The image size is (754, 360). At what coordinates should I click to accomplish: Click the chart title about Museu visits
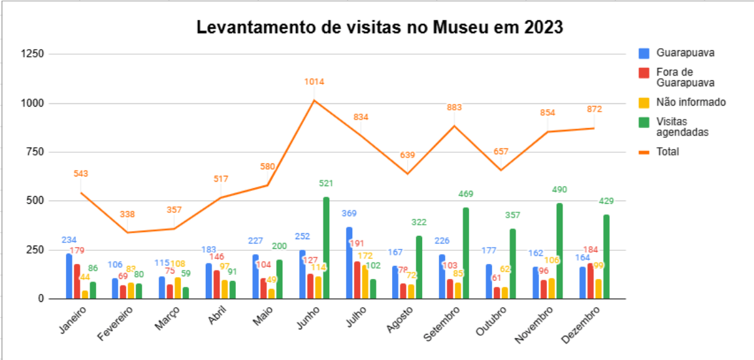click(x=380, y=28)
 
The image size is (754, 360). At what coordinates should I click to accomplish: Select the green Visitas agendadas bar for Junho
click(x=326, y=248)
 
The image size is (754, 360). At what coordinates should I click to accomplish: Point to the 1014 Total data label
click(x=314, y=82)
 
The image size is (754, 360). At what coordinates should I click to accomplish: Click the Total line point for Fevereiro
click(x=128, y=233)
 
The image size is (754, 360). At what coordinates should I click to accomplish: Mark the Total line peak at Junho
click(x=314, y=100)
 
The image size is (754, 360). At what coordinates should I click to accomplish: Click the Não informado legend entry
click(x=691, y=102)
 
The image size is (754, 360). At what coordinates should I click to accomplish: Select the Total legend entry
click(x=668, y=152)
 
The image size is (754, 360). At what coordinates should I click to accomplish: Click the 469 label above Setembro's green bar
click(x=466, y=194)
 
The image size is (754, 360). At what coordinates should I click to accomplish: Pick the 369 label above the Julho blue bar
click(x=350, y=214)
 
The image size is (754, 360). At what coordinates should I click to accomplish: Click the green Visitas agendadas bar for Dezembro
click(x=606, y=257)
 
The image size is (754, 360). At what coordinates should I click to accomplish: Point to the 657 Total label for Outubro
click(x=501, y=152)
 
